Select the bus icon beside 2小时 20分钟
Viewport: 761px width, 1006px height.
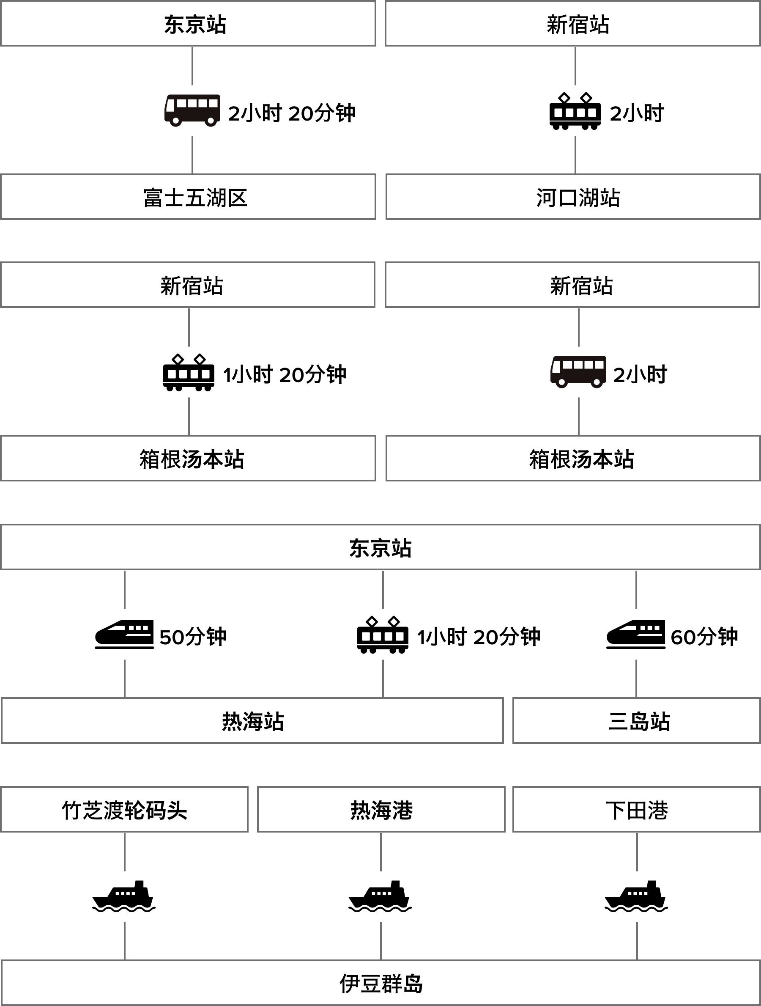(192, 110)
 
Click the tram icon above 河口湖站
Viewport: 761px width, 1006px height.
(575, 110)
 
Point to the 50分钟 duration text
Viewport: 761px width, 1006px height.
(193, 636)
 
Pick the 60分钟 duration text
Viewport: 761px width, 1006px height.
(704, 636)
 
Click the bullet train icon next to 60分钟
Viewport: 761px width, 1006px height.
(635, 634)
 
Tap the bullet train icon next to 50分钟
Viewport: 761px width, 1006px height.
(124, 634)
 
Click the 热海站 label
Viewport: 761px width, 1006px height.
(253, 721)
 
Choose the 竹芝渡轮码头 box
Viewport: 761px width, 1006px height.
(124, 810)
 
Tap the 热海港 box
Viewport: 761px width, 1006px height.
(381, 810)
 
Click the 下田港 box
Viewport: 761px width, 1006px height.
(636, 810)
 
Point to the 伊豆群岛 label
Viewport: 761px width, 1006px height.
(381, 984)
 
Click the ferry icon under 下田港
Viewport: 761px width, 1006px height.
(636, 896)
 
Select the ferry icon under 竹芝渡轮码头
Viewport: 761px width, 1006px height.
(124, 896)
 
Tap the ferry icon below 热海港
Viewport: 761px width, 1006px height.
(380, 896)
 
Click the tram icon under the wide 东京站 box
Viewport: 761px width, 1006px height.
(382, 634)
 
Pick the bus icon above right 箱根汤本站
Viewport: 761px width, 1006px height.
(578, 372)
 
